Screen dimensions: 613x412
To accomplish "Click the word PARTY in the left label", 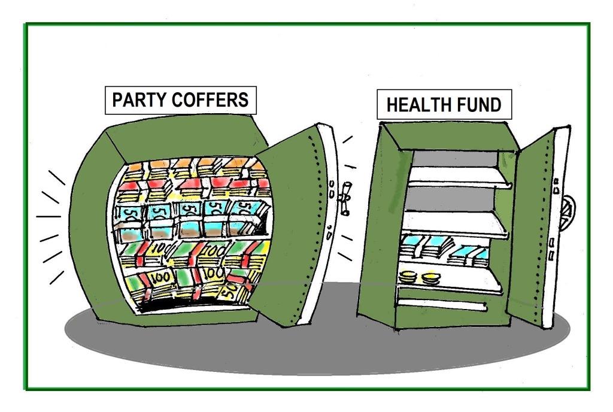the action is pyautogui.click(x=138, y=99).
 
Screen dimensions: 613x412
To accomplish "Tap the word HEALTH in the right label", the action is pyautogui.click(x=415, y=105).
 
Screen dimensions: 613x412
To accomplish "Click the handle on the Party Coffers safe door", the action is pyautogui.click(x=345, y=199).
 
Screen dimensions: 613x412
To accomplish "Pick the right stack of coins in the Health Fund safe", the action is pyautogui.click(x=430, y=278).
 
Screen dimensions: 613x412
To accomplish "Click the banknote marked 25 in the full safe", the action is pyautogui.click(x=228, y=291).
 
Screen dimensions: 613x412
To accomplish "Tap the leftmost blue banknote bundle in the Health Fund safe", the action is pyautogui.click(x=414, y=245).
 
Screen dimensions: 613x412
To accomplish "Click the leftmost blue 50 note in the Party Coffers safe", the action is pyautogui.click(x=130, y=213).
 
